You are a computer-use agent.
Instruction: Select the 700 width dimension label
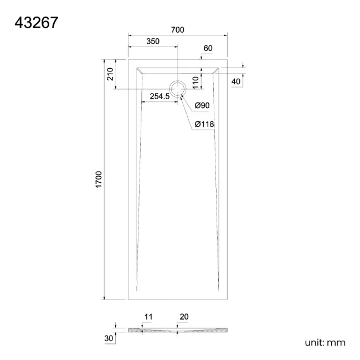coord(177,30)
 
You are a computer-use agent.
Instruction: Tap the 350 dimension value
coord(153,42)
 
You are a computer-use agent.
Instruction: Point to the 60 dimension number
coord(208,48)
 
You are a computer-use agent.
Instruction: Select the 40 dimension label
coord(236,81)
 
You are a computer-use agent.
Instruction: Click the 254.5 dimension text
coord(160,96)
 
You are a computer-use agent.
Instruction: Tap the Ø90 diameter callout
coord(201,106)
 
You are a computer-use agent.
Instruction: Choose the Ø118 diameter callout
coord(204,125)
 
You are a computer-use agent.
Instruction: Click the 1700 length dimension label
coord(99,181)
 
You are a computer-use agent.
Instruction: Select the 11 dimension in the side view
coord(148,317)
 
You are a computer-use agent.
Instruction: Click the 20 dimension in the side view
coord(184,317)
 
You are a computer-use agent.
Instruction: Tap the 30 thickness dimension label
coord(109,337)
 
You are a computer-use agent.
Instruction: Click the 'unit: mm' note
coord(325,342)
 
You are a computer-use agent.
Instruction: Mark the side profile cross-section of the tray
coord(177,331)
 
